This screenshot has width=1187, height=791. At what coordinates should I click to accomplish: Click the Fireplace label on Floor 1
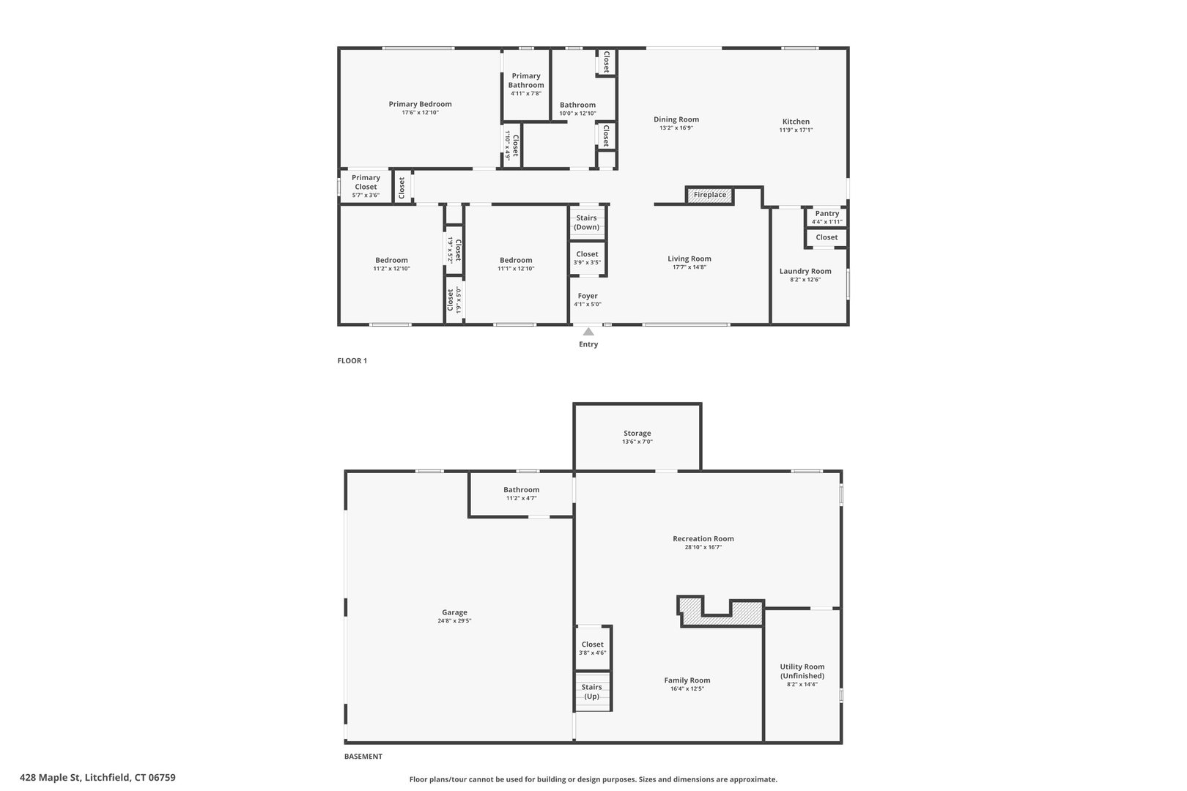709,195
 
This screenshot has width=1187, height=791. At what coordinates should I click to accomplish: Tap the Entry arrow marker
588,332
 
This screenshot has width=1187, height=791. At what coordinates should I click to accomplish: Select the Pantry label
827,214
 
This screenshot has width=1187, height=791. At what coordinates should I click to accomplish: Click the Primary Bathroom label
526,81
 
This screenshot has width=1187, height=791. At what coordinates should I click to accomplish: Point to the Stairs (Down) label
586,223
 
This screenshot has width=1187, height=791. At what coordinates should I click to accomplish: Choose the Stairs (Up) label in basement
591,691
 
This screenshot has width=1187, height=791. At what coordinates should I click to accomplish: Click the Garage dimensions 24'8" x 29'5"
454,621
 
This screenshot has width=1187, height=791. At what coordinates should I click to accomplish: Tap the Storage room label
637,434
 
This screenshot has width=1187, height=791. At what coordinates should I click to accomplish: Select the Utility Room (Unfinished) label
802,671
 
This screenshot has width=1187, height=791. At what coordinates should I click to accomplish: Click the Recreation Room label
703,539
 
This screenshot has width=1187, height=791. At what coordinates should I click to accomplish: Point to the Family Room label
687,680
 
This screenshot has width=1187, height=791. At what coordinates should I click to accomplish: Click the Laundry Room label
805,272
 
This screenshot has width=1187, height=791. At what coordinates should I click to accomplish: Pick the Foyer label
587,296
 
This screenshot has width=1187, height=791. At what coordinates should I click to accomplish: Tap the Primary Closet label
366,182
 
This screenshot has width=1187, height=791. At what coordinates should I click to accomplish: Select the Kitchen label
796,122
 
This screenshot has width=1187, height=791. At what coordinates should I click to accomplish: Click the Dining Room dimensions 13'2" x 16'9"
676,128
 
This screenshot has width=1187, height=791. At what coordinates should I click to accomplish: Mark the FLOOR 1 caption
352,360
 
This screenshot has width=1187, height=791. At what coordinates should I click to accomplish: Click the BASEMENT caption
363,757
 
